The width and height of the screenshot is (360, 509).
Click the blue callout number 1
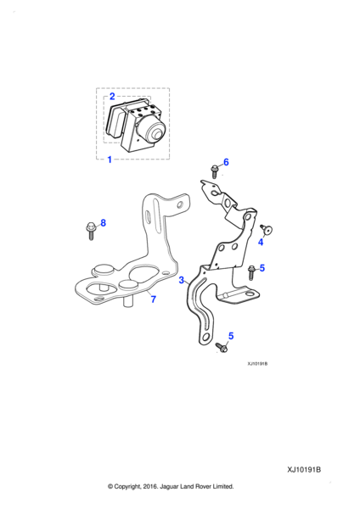(x=110, y=159)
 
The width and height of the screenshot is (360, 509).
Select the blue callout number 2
(x=112, y=96)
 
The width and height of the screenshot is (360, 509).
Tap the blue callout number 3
(x=182, y=280)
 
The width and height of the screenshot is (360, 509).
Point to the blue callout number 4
(x=261, y=242)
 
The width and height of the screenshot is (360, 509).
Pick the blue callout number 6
(x=226, y=162)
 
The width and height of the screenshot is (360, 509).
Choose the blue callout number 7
(x=154, y=299)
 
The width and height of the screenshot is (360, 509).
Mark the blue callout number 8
(x=103, y=222)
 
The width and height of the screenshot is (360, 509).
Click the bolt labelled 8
(x=90, y=231)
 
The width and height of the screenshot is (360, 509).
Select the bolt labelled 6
(x=214, y=171)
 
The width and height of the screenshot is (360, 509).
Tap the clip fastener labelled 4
(x=267, y=230)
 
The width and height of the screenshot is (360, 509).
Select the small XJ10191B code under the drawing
(x=257, y=364)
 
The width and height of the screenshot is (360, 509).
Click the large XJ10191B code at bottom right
(x=304, y=470)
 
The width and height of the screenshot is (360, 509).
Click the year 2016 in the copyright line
(x=149, y=486)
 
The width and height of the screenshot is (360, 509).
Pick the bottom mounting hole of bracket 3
(x=205, y=336)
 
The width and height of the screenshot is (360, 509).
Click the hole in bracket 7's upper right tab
(x=180, y=205)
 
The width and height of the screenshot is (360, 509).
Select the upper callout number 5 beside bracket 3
(x=262, y=268)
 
